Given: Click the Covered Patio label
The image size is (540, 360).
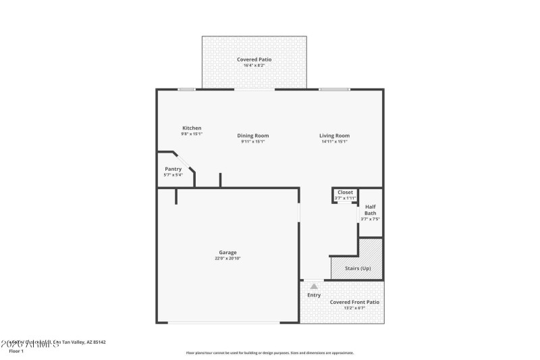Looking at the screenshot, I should click(x=253, y=59).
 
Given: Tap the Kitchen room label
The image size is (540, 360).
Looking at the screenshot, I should click(x=192, y=128).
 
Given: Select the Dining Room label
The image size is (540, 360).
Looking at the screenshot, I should click(x=253, y=136).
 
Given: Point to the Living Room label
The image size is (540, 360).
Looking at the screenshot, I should click(x=334, y=136).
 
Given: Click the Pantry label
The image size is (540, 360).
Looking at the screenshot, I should click(x=173, y=169).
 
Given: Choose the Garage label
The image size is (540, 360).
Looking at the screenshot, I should click(x=227, y=253).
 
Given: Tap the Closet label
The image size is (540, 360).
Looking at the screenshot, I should click(x=345, y=192).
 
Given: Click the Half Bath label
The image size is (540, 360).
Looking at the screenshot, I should click(x=370, y=210).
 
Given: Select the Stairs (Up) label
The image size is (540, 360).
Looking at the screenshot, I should click(x=358, y=269).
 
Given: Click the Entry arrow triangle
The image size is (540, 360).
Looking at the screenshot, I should click(x=314, y=286).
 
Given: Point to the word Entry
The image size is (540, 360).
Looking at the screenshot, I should click(x=314, y=295).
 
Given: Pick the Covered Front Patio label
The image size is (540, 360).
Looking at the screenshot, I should click(x=354, y=302).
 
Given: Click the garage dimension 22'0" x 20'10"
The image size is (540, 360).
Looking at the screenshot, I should click(x=227, y=259).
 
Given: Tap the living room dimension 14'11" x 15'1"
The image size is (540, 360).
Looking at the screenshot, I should click(x=334, y=142).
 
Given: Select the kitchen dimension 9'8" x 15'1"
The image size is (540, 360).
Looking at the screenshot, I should click(x=192, y=134).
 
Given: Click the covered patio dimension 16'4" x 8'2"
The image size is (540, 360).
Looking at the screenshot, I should click(x=253, y=66).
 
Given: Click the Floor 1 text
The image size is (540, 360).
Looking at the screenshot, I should click(x=16, y=351).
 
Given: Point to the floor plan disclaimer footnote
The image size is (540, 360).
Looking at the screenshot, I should click(x=269, y=353).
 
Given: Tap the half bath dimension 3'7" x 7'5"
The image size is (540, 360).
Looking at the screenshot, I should click(x=370, y=219).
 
